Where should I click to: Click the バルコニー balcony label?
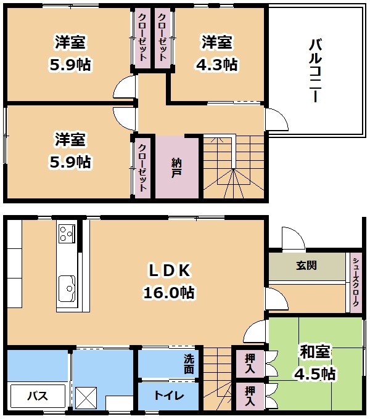point(316,70)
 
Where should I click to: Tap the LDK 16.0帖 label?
point(169,282)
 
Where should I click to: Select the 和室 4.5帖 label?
point(315,362)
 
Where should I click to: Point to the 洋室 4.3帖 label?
point(216,53)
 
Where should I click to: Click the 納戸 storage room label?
point(176,168)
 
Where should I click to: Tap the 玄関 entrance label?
point(306,266)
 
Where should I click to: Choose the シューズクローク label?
point(356,282)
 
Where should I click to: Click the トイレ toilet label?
point(169,396)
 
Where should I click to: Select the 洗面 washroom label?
point(189,364)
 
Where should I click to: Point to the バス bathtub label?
point(38,396)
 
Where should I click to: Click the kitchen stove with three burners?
point(67,234)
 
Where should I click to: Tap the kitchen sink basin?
point(67,288)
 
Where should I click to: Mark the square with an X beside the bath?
point(86,397)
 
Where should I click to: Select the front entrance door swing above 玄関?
point(294,238)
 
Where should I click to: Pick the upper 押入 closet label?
point(250,364)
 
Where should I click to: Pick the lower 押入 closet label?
point(250,396)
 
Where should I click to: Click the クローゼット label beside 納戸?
point(142,168)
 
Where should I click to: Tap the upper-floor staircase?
point(234,167)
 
